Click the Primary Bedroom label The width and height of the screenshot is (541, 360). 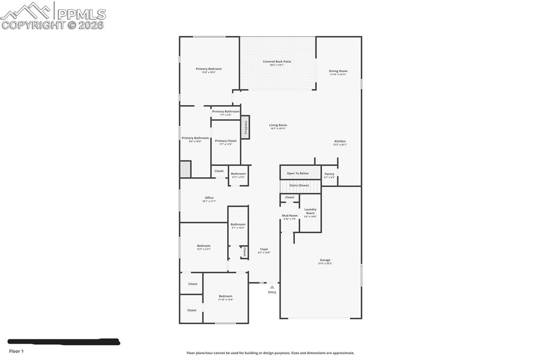[x=209, y=69]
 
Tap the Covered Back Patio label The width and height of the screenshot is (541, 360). [x=277, y=62]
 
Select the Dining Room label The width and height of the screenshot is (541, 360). [x=338, y=71]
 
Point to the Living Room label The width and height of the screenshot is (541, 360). [x=278, y=126]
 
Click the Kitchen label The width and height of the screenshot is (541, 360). [x=340, y=141]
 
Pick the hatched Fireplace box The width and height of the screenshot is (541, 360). [x=245, y=128]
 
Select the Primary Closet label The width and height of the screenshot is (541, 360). [x=226, y=141]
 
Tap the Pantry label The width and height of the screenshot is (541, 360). [x=329, y=174]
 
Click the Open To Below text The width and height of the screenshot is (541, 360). [x=297, y=173]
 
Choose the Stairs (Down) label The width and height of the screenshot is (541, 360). [x=299, y=185]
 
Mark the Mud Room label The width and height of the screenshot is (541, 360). [x=290, y=215]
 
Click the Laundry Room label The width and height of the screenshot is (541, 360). [x=310, y=211]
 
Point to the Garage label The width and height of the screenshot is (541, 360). [x=325, y=260]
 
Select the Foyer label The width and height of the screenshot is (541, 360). [x=264, y=250]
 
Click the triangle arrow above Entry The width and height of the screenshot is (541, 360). [x=272, y=287]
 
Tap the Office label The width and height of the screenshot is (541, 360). [x=209, y=198]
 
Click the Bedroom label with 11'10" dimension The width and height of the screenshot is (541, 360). [x=226, y=297]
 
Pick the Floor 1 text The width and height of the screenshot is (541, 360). [x=16, y=351]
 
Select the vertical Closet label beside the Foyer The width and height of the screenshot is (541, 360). [x=245, y=252]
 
